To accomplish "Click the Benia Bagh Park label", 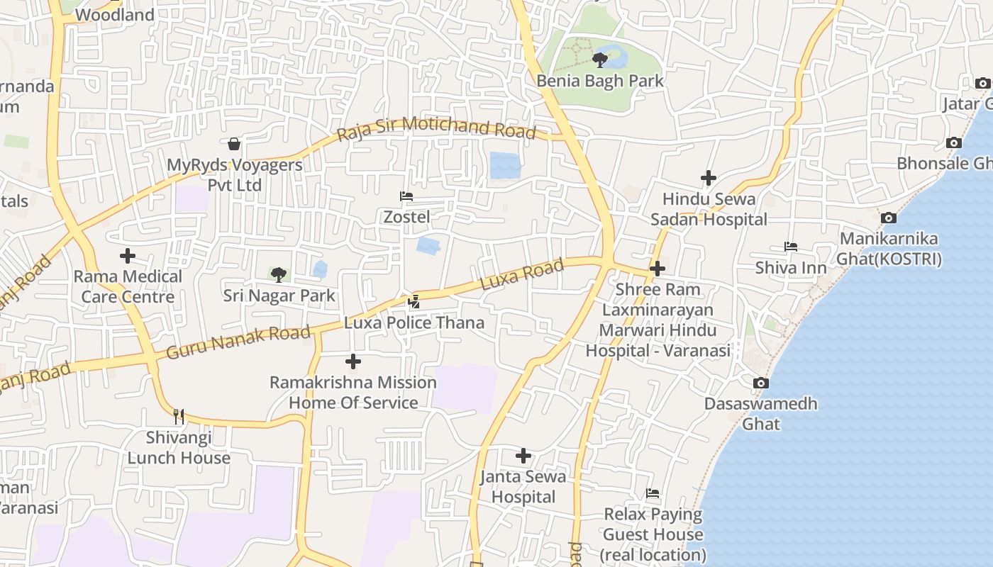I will tap(600, 81).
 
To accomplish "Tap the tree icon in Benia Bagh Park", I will tap(600, 59).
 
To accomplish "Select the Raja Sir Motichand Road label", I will tap(436, 128).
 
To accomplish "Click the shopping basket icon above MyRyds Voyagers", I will tap(234, 144).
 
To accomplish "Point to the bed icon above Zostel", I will tap(406, 196).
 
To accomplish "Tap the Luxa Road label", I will tap(522, 274).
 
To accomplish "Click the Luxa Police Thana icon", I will tap(414, 302).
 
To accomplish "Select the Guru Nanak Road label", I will tap(238, 342).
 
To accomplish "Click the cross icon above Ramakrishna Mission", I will tap(353, 362).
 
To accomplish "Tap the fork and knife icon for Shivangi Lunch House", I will tap(179, 416).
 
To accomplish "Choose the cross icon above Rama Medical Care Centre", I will tap(128, 256).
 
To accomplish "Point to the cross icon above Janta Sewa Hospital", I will tap(523, 456).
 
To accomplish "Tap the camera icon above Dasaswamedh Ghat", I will tap(760, 383).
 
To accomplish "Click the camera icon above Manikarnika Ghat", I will tap(888, 218).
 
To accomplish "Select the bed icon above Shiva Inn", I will tap(791, 247).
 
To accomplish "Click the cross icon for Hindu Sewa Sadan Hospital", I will tap(708, 178).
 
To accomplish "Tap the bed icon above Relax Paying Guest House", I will tap(653, 493).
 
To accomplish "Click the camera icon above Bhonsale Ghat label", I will tap(954, 142).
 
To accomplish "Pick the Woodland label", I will tap(114, 15).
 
